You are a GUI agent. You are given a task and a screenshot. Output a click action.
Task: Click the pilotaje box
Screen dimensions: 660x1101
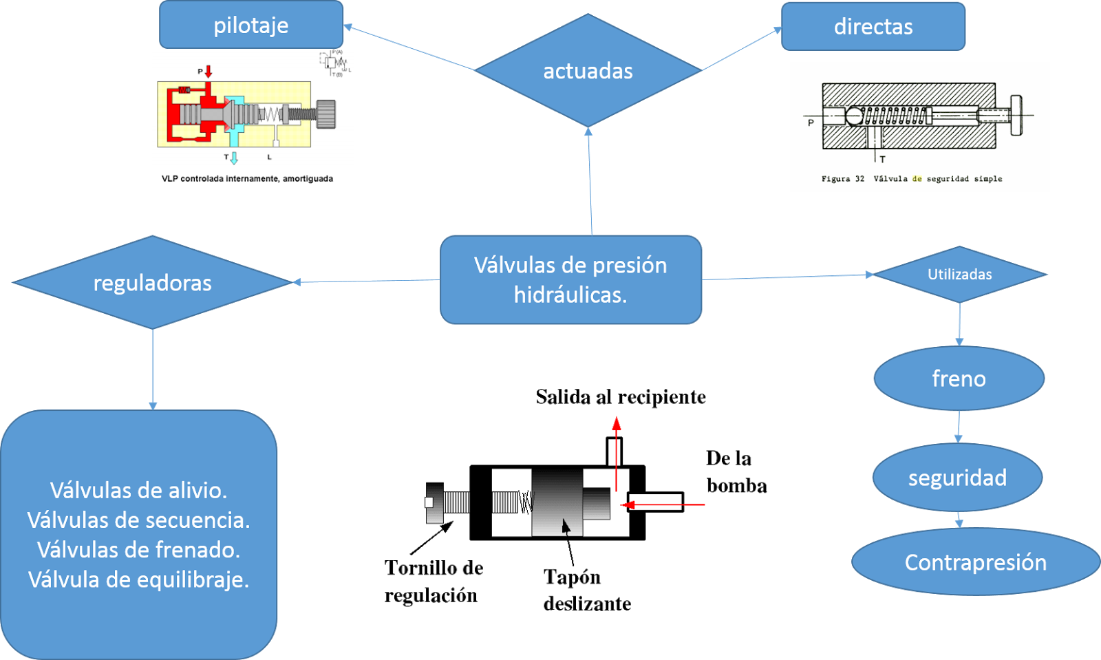tap(251, 25)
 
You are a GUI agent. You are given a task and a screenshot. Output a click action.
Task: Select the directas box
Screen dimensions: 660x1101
tap(873, 27)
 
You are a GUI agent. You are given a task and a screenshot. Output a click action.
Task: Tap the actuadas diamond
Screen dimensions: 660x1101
tap(588, 70)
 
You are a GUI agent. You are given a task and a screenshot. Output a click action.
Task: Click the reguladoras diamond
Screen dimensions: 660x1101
tap(152, 283)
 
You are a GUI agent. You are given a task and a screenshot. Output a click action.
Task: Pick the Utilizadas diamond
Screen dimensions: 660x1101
tap(959, 274)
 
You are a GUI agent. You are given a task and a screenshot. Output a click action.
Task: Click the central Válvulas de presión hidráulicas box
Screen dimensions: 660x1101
tap(570, 279)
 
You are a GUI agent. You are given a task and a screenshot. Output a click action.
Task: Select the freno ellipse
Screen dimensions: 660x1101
tap(959, 379)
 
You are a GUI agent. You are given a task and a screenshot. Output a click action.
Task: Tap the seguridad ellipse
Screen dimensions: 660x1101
tap(957, 478)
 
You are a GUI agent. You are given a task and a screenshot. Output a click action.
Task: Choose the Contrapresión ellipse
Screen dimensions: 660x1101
tap(975, 562)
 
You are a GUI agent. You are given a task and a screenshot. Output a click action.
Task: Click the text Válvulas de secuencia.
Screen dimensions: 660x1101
tap(138, 520)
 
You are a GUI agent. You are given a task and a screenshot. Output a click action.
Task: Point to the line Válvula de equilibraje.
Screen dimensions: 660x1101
tap(138, 579)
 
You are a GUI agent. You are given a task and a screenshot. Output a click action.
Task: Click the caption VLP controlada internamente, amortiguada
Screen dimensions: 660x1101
tap(247, 178)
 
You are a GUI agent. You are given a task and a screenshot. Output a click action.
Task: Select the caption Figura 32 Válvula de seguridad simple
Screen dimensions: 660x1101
tap(911, 179)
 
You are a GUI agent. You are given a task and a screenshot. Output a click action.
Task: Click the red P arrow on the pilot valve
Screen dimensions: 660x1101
tap(209, 71)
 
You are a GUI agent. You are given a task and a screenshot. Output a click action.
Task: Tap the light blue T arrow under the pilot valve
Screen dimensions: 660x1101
tap(234, 158)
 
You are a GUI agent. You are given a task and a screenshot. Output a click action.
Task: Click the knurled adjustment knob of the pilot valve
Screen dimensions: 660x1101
tap(326, 114)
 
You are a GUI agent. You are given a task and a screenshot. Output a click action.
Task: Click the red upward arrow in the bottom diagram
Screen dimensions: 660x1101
tap(617, 440)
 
